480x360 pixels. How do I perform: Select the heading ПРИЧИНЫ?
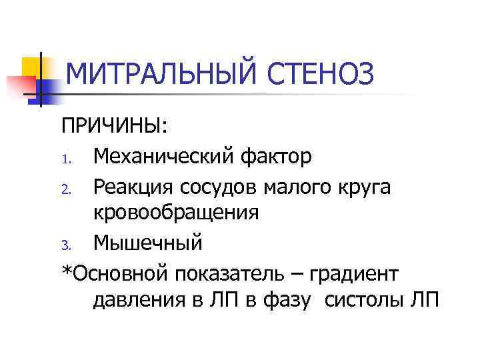[115, 127]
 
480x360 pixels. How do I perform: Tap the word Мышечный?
[147, 243]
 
